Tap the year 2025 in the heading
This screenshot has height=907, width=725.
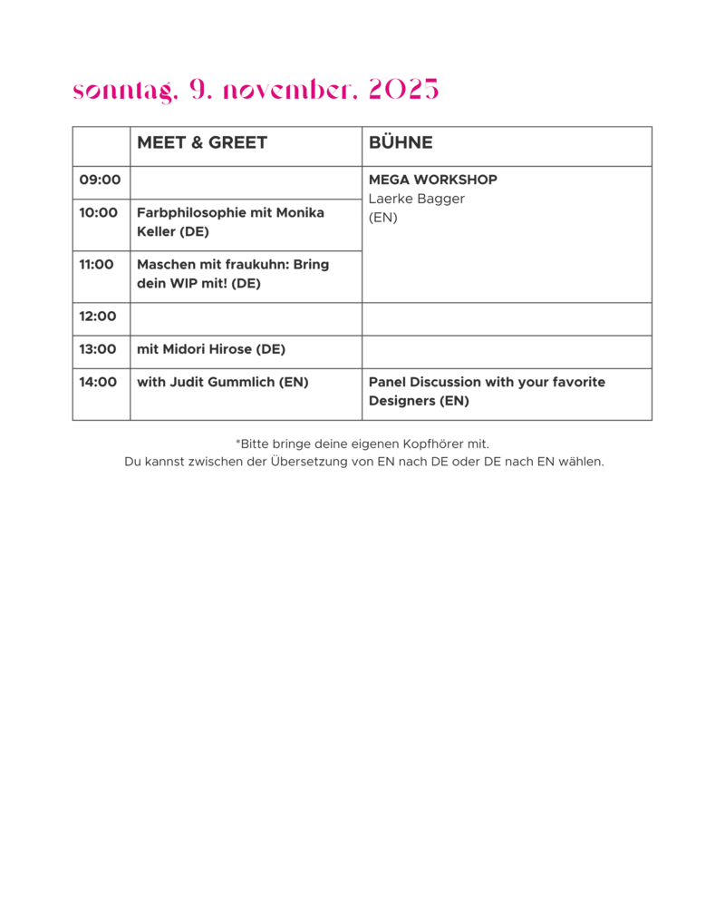[x=403, y=89]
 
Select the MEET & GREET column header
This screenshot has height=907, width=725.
[x=202, y=142]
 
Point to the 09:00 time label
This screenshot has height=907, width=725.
[x=100, y=180]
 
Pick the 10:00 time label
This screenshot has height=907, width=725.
[x=98, y=213]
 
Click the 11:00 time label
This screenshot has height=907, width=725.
[x=97, y=264]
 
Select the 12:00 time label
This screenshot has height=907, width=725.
[x=98, y=317]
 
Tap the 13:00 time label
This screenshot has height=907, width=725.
[x=98, y=349]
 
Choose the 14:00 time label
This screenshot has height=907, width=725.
[x=98, y=383]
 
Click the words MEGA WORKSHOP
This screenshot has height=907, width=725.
[x=433, y=180]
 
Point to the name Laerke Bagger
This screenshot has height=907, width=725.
[x=417, y=199]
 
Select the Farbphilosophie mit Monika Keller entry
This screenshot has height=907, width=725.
[x=231, y=222]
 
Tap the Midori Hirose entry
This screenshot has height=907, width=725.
[x=211, y=349]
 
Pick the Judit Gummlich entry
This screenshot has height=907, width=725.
[x=223, y=383]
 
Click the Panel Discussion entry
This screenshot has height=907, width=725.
[x=487, y=392]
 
